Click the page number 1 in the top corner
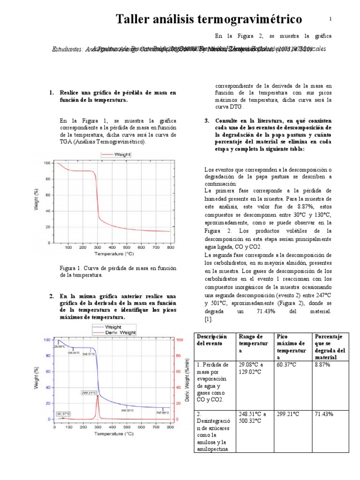(330, 19)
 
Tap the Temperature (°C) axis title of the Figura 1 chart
(114, 255)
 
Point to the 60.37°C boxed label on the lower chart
(63, 413)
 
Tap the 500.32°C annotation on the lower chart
(128, 410)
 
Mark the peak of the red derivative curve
(97, 396)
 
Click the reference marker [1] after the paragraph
(209, 319)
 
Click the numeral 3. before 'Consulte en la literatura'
(207, 120)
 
